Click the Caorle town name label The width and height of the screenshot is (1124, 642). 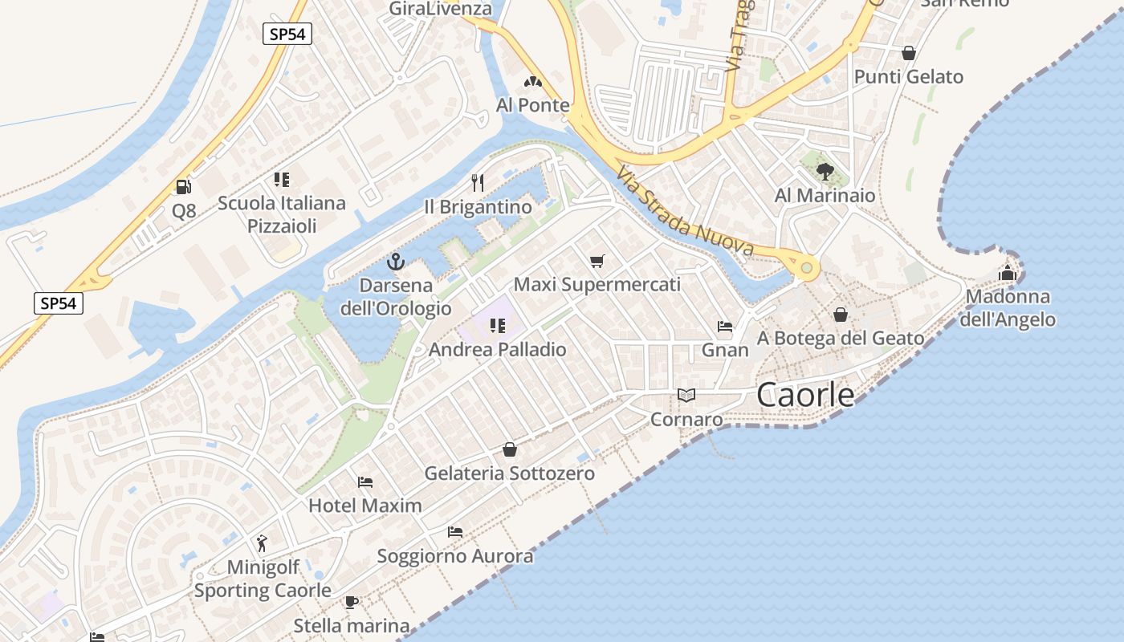pos(805,394)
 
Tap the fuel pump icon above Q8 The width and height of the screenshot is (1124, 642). pos(184,187)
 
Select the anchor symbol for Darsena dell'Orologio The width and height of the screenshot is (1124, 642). pos(395,262)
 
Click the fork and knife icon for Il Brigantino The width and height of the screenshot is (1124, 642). pos(478,183)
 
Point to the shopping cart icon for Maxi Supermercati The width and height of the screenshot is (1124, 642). pos(597,261)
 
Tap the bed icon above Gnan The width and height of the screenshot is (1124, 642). pos(725,327)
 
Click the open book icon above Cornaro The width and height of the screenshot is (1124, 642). pos(686,395)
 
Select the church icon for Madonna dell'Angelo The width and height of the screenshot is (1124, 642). pos(1008,273)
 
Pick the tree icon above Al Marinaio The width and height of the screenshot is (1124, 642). pos(825,171)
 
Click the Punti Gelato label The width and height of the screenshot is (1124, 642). pos(909,77)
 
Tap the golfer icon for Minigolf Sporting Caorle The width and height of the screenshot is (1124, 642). pos(262,543)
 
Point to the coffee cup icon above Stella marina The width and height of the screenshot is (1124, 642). pos(351,602)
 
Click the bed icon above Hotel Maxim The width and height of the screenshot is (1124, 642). pos(365,481)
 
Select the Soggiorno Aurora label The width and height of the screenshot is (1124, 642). pos(455,556)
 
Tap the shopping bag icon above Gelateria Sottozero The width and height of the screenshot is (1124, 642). pos(509,449)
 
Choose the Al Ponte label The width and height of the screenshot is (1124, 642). pos(533,105)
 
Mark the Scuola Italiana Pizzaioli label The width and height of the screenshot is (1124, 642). pos(282,214)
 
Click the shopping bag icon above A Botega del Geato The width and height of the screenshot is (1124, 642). pos(841,315)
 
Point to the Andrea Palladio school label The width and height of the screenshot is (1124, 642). pos(498,350)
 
